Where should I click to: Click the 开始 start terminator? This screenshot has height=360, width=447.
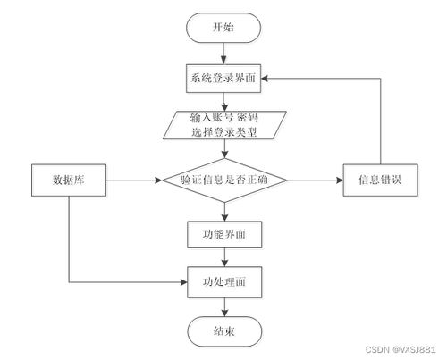coord(223,28)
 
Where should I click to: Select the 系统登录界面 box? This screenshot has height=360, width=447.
coord(223,79)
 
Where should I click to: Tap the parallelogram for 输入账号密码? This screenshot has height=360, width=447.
coord(224,125)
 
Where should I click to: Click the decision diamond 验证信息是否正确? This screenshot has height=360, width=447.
coord(224,180)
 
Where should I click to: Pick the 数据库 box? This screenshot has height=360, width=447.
coord(69,180)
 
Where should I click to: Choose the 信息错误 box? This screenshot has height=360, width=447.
coord(381,180)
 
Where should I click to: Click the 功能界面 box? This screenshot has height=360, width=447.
coord(224,234)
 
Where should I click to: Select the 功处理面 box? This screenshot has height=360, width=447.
coord(224,282)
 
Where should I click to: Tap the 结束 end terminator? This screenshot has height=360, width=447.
coord(224,331)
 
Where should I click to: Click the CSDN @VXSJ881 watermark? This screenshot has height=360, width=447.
coord(401,349)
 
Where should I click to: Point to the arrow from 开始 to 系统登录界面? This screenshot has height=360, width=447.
coord(223,54)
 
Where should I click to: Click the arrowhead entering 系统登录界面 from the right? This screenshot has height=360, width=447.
coord(265,79)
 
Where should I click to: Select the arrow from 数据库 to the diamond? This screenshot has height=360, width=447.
coord(134,180)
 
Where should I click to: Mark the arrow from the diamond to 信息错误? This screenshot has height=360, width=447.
coord(316,180)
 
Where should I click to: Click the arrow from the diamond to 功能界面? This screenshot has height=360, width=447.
coord(224,212)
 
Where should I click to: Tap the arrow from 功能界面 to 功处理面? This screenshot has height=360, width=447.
coord(224,257)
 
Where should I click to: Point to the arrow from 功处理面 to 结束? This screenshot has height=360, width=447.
coord(224,307)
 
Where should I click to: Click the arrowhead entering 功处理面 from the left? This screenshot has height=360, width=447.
coord(183,282)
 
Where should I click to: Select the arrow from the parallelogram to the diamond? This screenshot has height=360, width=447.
coord(224,148)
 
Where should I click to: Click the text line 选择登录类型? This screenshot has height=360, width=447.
coord(224,132)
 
